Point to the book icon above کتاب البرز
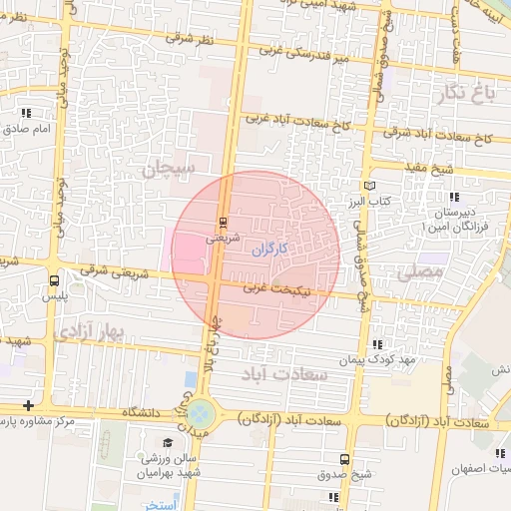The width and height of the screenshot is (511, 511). pyautogui.click(x=370, y=185)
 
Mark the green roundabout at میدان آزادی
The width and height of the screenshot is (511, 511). pyautogui.click(x=203, y=411)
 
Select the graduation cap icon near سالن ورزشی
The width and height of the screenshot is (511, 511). pyautogui.click(x=168, y=443)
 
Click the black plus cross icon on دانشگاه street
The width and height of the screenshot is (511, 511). pyautogui.click(x=28, y=405)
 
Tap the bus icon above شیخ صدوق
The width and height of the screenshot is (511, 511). pyautogui.click(x=344, y=459)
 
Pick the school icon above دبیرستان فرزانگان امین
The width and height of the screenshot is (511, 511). pyautogui.click(x=455, y=198)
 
